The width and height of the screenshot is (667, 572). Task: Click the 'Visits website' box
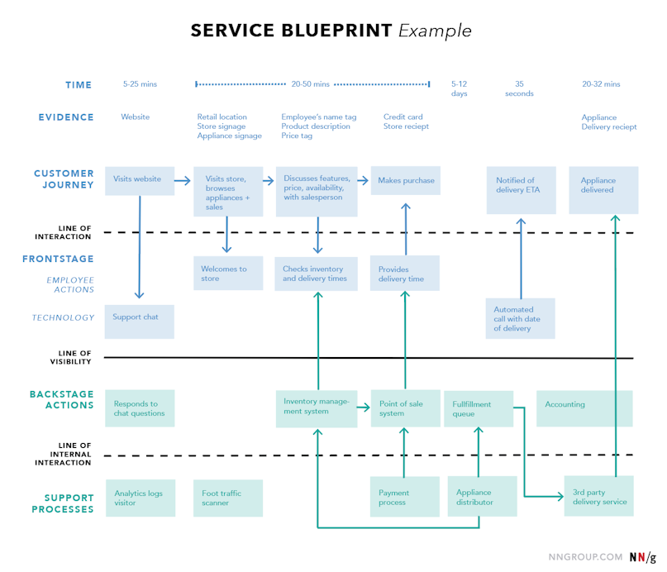click(x=139, y=180)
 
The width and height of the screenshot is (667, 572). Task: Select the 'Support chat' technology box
click(x=139, y=321)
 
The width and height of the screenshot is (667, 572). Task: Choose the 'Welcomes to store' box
click(x=227, y=274)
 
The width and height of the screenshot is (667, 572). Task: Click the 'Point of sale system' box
click(x=404, y=408)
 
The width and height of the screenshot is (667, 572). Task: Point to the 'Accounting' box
click(x=584, y=408)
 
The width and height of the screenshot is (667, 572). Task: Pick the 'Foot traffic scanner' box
click(x=227, y=498)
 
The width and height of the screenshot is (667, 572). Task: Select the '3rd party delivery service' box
click(x=598, y=497)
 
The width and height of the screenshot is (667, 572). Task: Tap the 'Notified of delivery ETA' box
click(x=521, y=190)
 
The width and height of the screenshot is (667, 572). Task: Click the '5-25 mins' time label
click(x=141, y=84)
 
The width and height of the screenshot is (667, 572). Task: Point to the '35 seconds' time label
click(x=519, y=88)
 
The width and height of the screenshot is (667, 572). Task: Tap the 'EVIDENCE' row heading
click(x=66, y=117)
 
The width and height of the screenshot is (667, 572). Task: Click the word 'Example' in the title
click(x=435, y=31)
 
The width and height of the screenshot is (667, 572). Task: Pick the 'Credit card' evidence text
click(x=403, y=117)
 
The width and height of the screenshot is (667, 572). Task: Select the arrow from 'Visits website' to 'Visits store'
click(x=183, y=179)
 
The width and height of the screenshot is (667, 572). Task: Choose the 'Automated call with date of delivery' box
click(x=520, y=319)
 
